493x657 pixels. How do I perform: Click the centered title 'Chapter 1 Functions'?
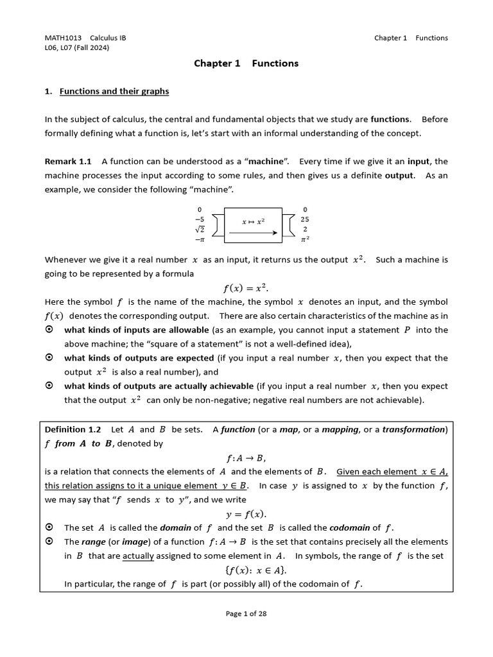(246, 64)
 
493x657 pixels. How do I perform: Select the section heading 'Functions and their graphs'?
(114, 91)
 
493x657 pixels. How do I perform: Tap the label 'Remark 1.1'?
(68, 161)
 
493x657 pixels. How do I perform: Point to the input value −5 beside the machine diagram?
(200, 219)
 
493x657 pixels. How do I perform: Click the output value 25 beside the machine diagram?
(305, 219)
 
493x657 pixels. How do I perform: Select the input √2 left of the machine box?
(200, 229)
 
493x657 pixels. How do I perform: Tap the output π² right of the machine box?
(305, 239)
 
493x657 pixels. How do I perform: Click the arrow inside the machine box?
(253, 233)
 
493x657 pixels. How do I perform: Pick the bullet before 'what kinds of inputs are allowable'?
(49, 330)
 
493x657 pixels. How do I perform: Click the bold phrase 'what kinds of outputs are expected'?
(139, 358)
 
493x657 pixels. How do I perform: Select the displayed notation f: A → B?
(246, 457)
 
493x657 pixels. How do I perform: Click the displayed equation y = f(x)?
(246, 514)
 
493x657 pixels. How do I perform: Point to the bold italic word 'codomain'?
(349, 528)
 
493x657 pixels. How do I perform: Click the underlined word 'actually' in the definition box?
(138, 556)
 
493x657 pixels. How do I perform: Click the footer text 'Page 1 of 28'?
(246, 613)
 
